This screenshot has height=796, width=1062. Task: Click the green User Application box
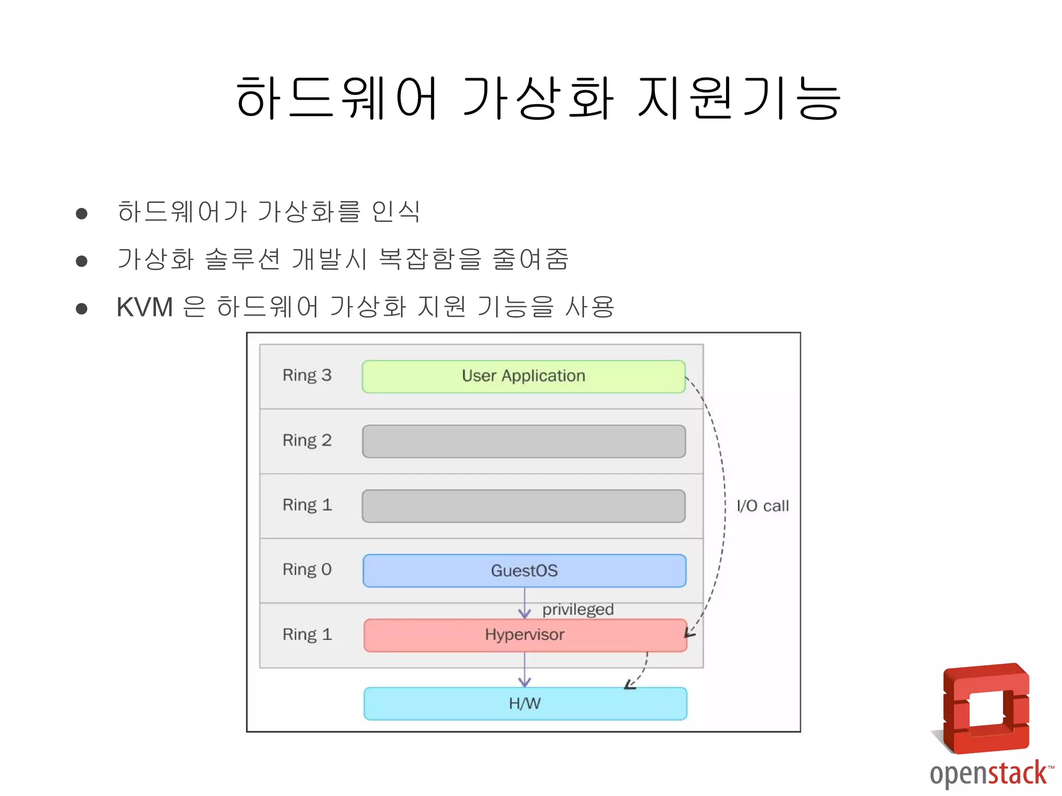pos(523,376)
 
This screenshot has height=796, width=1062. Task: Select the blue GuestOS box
pos(524,571)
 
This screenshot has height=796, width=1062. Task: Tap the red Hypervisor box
pos(525,635)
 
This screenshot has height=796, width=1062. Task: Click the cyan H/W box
pos(525,703)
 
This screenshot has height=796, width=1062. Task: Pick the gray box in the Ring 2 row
pos(524,441)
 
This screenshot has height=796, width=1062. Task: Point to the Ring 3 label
pos(306,375)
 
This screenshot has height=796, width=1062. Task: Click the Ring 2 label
pos(306,440)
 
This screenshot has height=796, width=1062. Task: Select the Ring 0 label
pos(306,570)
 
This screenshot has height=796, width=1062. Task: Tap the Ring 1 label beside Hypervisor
pos(306,634)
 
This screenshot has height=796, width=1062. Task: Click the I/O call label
pos(762,506)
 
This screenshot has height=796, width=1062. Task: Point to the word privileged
pos(578,609)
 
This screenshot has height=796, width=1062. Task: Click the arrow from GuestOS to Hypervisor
pos(525,604)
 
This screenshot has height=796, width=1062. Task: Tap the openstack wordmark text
pos(988,774)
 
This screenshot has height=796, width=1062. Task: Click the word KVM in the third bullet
pos(145,307)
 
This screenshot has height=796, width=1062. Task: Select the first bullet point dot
pos(81,214)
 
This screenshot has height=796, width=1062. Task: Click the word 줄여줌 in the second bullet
pos(530,259)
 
